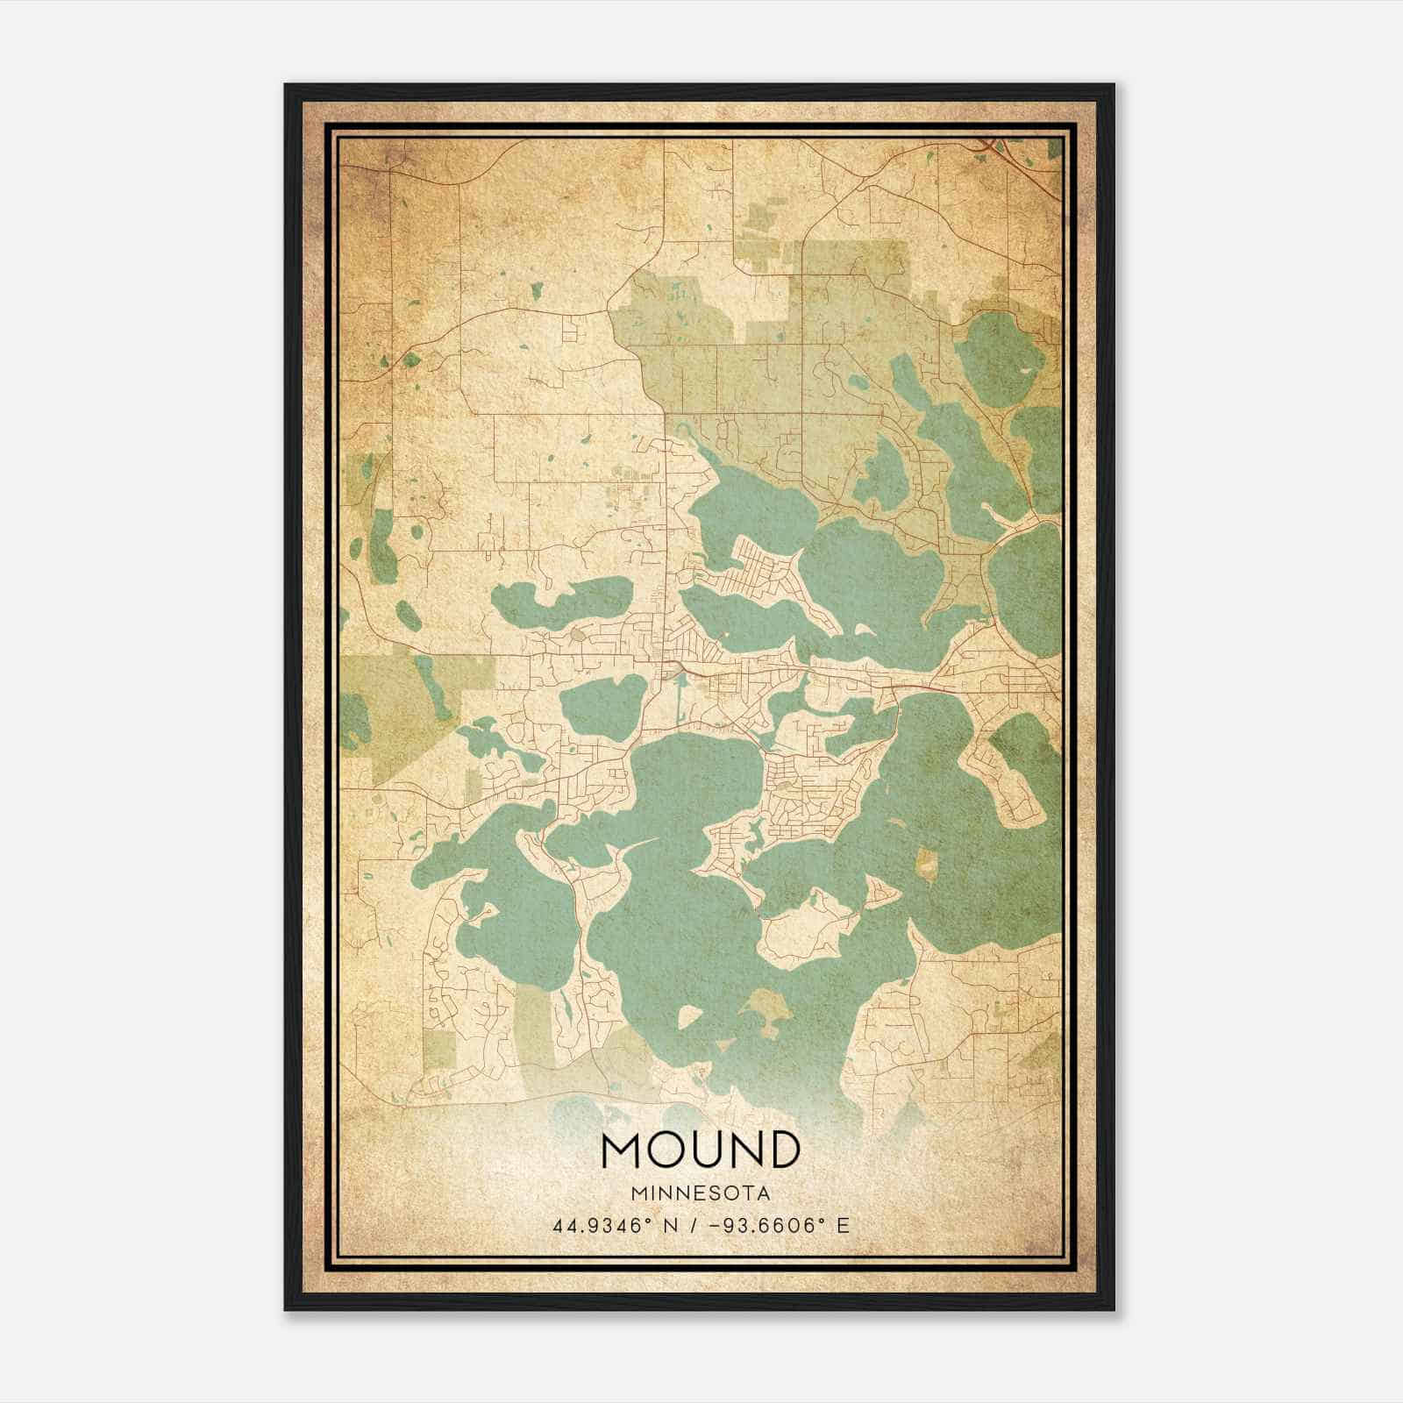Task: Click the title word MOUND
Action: coord(701,1150)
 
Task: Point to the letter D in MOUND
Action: coord(781,1150)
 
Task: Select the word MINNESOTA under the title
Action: coord(701,1193)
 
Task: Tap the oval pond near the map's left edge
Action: coord(409,614)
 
